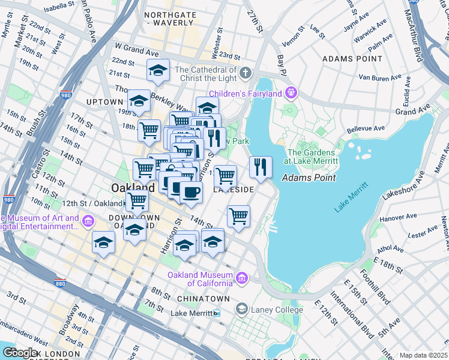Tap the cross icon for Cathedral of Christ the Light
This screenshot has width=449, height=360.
click(245, 74)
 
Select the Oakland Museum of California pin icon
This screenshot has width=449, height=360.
click(241, 278)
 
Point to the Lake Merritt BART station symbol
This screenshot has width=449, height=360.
click(217, 313)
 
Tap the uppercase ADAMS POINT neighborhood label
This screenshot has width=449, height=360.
click(352, 59)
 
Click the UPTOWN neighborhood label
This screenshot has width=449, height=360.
click(104, 102)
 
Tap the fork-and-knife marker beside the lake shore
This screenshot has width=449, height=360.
click(260, 167)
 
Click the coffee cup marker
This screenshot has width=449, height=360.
click(191, 192)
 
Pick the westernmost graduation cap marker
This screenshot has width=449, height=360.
click(103, 243)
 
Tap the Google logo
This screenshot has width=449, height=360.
click(20, 353)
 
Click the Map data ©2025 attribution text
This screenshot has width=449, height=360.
click(423, 355)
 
